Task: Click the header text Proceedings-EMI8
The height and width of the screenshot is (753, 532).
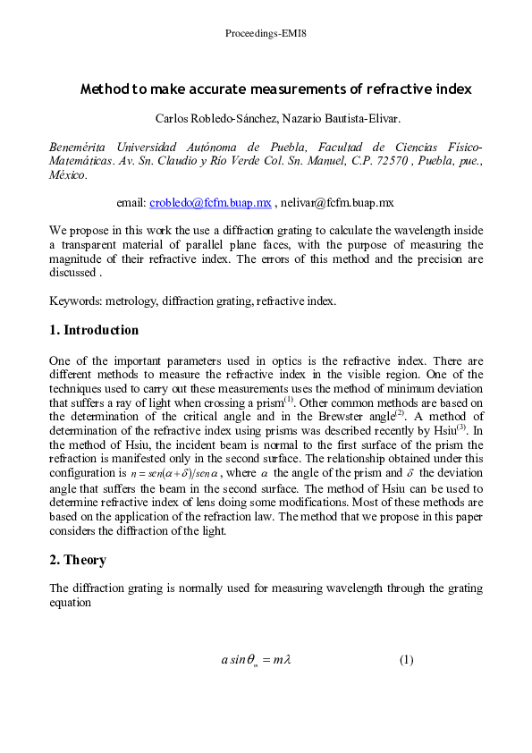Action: [266, 34]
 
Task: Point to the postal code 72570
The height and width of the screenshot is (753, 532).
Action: [393, 161]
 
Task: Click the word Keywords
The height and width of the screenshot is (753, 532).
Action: [73, 301]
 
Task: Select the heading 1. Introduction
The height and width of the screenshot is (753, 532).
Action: [94, 330]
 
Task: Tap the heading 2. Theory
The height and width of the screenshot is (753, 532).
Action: [78, 560]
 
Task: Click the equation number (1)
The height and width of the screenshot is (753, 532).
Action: [407, 660]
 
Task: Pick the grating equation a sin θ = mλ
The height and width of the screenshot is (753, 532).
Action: [257, 661]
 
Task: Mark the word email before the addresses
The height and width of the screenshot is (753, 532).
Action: [131, 203]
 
